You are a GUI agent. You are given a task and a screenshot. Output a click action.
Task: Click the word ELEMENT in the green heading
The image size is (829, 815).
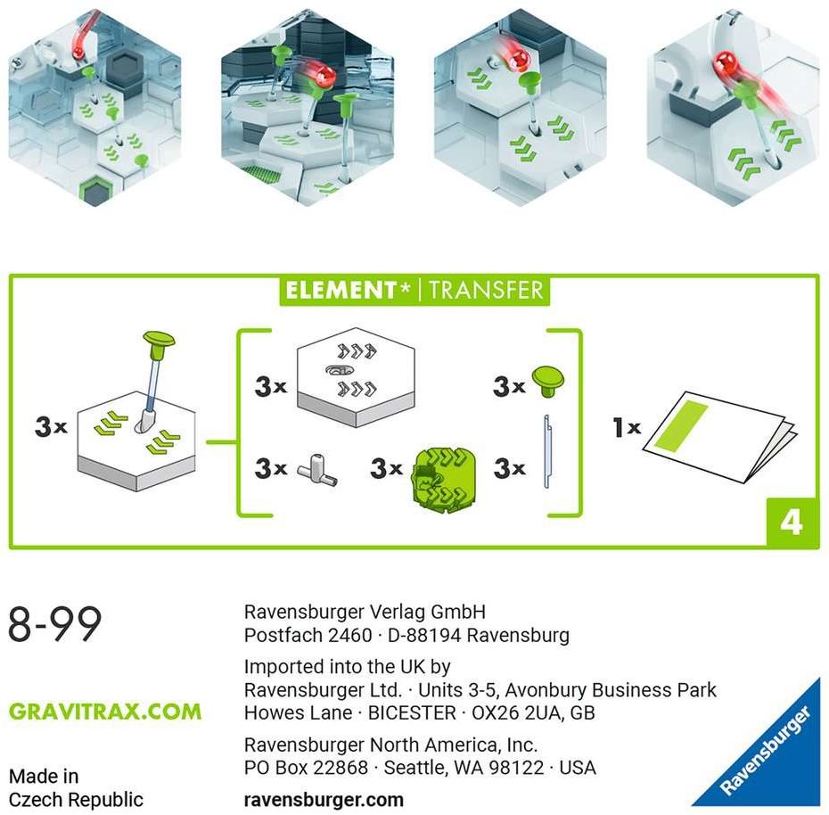pos(342,290)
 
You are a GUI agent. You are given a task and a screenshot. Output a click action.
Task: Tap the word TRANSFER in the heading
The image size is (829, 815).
pos(486,290)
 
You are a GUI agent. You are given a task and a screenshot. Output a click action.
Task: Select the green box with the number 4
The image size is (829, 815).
pos(792,522)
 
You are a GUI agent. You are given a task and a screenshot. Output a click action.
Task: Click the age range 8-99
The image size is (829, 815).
pos(55,624)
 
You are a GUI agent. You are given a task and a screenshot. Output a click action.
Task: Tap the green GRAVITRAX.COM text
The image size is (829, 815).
pos(105,712)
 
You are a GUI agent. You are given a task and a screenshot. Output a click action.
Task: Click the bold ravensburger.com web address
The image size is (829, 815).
pos(324,799)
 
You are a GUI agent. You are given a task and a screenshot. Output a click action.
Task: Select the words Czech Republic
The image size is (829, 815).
pos(76,800)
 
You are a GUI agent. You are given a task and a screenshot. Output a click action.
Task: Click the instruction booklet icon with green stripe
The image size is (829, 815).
pos(719,436)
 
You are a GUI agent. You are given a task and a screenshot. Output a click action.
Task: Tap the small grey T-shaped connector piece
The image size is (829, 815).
pos(317,470)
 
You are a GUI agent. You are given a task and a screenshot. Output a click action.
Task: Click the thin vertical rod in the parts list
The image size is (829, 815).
pos(547,451)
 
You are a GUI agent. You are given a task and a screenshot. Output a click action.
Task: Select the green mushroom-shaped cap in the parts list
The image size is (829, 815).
pos(547,382)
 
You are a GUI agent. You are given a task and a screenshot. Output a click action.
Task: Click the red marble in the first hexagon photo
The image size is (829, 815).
pos(78,52)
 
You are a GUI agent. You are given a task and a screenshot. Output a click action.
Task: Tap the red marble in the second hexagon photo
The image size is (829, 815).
pos(324,75)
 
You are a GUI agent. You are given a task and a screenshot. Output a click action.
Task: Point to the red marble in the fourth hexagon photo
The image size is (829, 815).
pos(724,62)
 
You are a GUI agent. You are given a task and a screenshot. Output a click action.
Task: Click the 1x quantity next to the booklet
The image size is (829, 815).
pos(627,427)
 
